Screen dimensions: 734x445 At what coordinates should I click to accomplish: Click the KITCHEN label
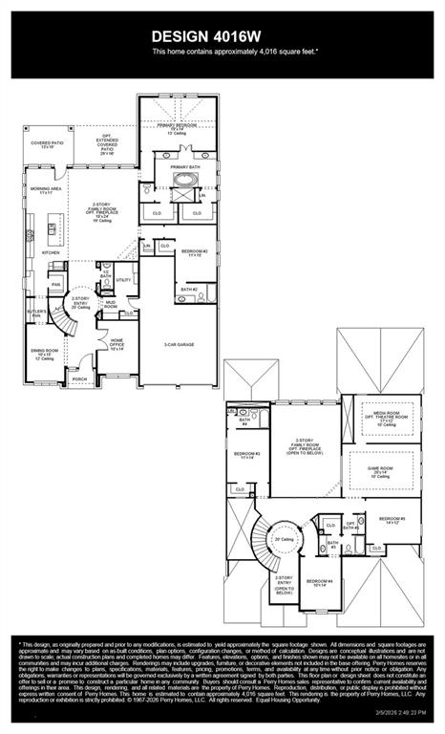point(37,253)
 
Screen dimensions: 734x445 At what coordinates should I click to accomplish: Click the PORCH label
point(79,379)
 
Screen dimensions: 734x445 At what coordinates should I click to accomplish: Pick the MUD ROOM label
point(111,306)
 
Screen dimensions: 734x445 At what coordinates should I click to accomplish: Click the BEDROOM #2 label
point(193,253)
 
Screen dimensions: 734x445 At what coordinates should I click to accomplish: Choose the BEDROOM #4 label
point(318,582)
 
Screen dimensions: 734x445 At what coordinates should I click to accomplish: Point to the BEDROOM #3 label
point(249,455)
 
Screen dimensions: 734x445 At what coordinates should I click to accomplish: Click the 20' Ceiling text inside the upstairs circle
point(284,539)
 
